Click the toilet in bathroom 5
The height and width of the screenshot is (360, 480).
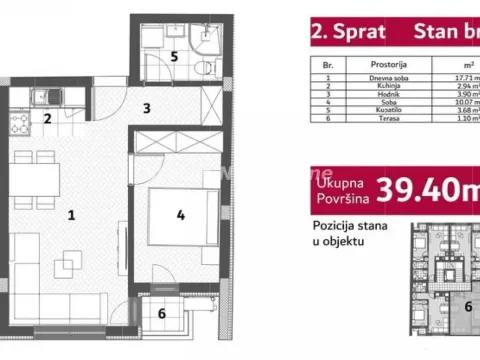203,67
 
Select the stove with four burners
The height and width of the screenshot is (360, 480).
19,124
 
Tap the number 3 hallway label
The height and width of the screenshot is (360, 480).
146,108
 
